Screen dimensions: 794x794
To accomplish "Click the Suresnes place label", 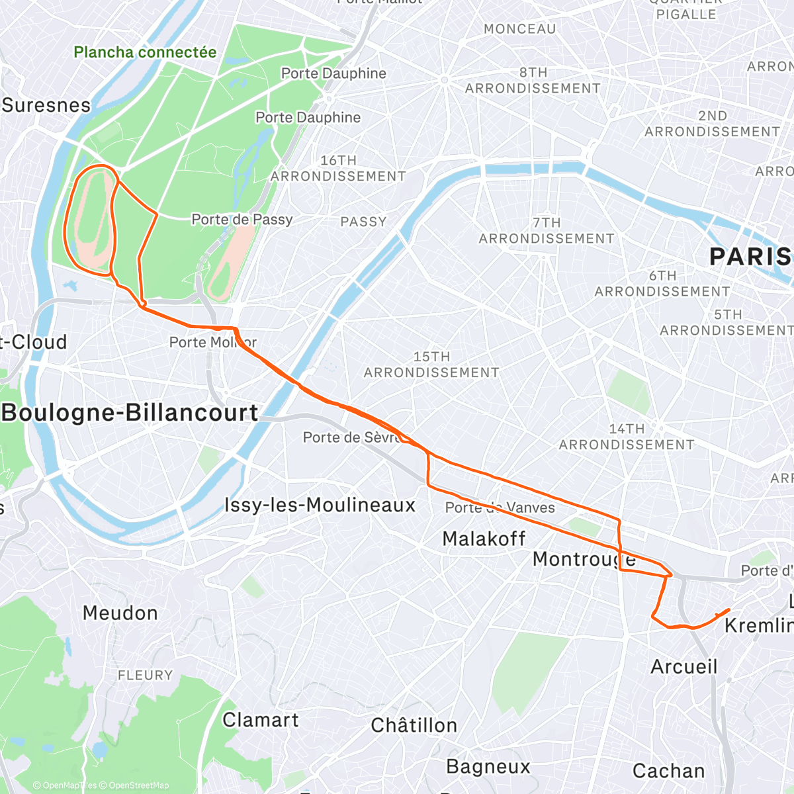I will pyautogui.click(x=46, y=105).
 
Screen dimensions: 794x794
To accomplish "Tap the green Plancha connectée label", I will pyautogui.click(x=145, y=52).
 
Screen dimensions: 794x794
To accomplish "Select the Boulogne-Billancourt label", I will pyautogui.click(x=130, y=413).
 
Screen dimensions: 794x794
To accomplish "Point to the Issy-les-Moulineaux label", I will pyautogui.click(x=320, y=506).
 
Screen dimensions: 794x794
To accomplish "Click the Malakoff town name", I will pyautogui.click(x=484, y=539).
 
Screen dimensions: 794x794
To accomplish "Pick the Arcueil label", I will pyautogui.click(x=684, y=667).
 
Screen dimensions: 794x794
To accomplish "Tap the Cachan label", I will pyautogui.click(x=668, y=772).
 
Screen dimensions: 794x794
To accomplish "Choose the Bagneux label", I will pyautogui.click(x=488, y=767).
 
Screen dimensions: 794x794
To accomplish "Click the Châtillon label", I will pyautogui.click(x=414, y=726).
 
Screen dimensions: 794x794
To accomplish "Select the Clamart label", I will pyautogui.click(x=261, y=720).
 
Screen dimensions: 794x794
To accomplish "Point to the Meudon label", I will pyautogui.click(x=120, y=613).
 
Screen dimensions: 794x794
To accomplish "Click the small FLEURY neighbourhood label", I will pyautogui.click(x=145, y=676).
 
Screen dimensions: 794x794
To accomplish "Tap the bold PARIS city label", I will pyautogui.click(x=750, y=257).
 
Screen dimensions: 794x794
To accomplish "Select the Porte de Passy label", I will pyautogui.click(x=242, y=220).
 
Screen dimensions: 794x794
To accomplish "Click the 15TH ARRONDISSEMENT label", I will pyautogui.click(x=431, y=365).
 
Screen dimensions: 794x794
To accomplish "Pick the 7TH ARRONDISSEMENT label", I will pyautogui.click(x=547, y=231).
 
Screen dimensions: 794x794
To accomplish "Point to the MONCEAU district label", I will pyautogui.click(x=519, y=29).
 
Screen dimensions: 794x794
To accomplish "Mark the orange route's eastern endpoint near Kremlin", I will pyautogui.click(x=728, y=610).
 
